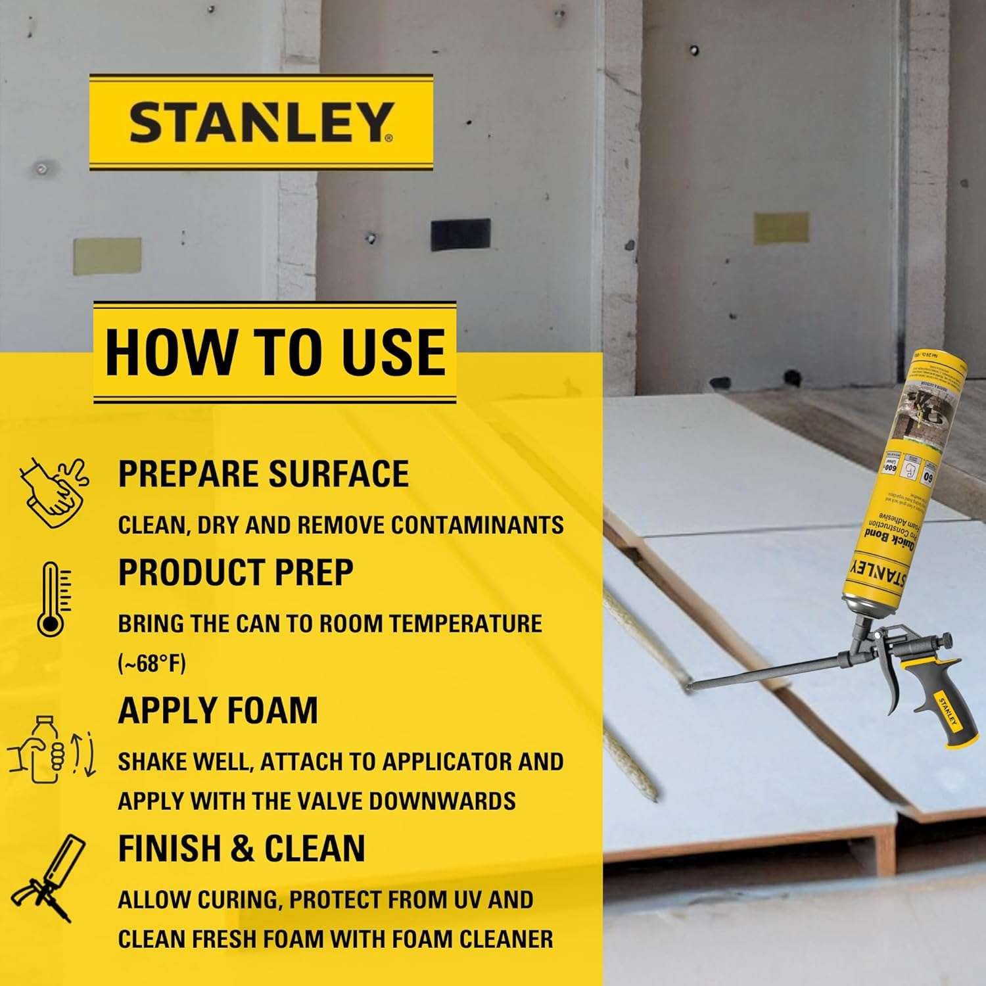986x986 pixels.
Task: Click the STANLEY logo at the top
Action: tap(261, 122)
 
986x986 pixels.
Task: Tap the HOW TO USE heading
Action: tap(275, 351)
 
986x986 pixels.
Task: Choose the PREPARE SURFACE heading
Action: tap(263, 473)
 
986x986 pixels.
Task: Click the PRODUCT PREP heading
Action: tap(235, 572)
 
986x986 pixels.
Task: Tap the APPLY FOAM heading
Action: tap(218, 711)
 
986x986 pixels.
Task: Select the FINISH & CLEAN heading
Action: tap(241, 848)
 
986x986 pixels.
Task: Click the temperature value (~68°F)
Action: tap(152, 664)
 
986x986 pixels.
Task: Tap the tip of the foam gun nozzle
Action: tap(688, 688)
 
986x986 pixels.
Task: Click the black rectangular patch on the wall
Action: tap(460, 234)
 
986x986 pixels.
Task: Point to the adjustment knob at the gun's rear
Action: tap(945, 640)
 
